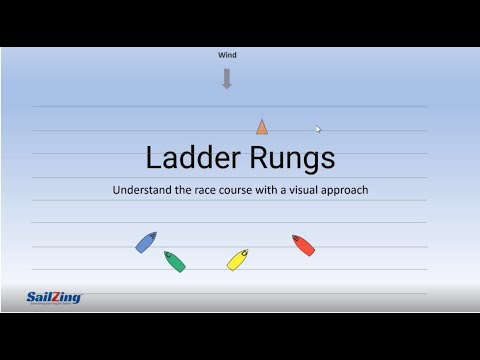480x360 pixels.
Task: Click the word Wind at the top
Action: [226, 57]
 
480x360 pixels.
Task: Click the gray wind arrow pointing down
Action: [227, 79]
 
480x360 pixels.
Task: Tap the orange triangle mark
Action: [261, 126]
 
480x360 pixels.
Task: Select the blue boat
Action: [146, 242]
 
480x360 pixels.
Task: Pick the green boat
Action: [174, 261]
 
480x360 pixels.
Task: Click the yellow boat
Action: [237, 260]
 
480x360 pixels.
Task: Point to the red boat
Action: [303, 245]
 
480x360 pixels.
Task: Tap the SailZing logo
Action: [54, 297]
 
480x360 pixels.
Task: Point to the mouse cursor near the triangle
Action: [318, 128]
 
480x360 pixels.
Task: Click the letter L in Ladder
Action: [152, 158]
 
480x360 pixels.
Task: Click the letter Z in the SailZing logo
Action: [59, 296]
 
